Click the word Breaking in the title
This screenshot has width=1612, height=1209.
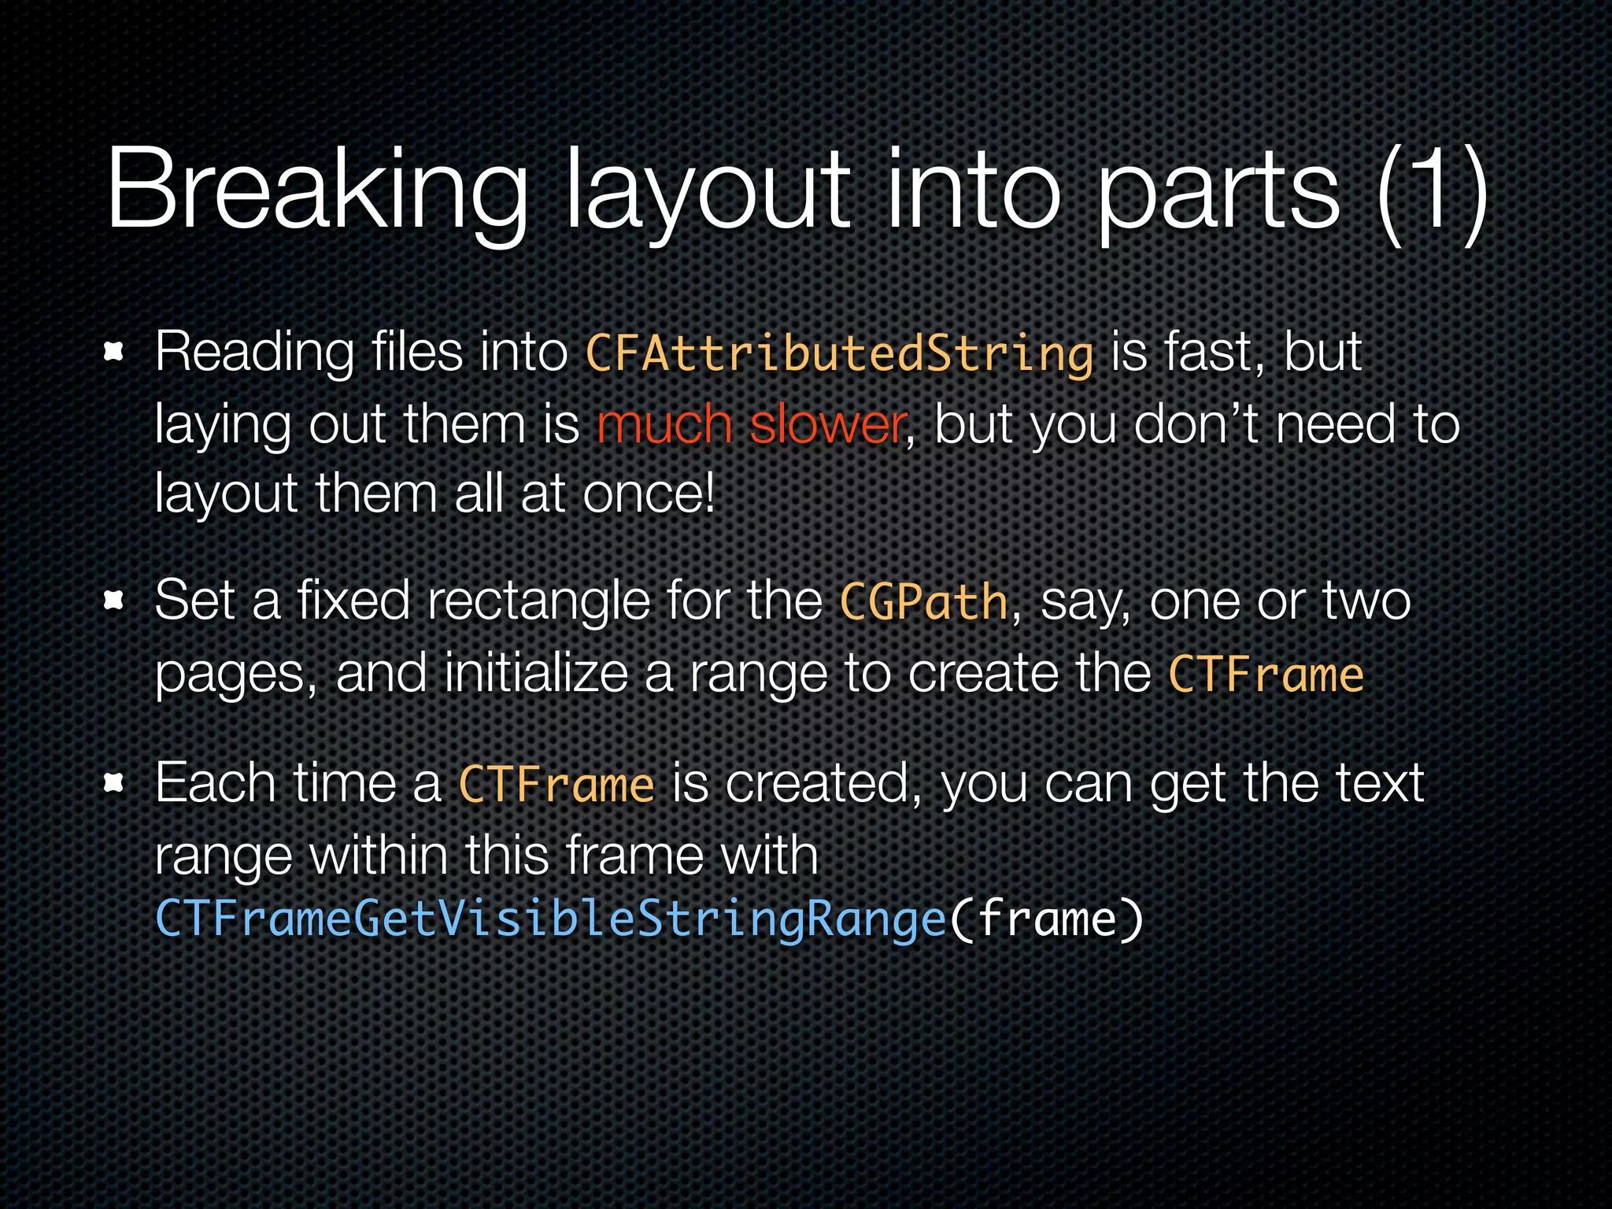[x=315, y=191]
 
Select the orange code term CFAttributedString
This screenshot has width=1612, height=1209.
[x=839, y=353]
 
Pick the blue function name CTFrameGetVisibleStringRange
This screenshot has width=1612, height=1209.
[x=550, y=919]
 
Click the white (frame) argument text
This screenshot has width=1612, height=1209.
[x=1046, y=919]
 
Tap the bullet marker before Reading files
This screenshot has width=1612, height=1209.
[x=115, y=352]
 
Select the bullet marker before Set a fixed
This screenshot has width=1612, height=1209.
[x=115, y=601]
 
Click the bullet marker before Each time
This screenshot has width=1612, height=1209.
[x=115, y=783]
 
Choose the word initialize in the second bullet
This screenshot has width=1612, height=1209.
[x=536, y=674]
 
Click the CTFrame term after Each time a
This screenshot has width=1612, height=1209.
[x=556, y=785]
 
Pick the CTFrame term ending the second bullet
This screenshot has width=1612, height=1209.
[x=1266, y=675]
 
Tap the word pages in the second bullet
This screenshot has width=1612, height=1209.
[x=235, y=675]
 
